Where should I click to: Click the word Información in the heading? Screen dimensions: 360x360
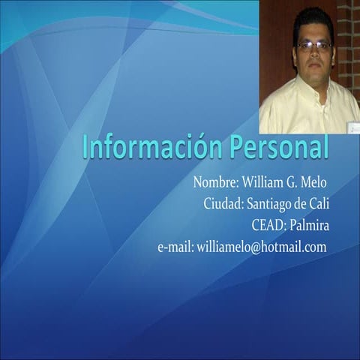click(142, 147)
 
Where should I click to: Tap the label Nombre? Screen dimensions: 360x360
click(215, 182)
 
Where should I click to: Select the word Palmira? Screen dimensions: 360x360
click(309, 225)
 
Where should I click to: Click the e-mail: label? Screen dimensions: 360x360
click(175, 247)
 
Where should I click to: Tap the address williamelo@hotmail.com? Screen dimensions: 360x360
click(262, 247)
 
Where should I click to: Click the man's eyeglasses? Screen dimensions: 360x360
click(313, 46)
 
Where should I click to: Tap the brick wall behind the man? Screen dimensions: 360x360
click(348, 45)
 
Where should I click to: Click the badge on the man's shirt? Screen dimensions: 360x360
click(352, 127)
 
